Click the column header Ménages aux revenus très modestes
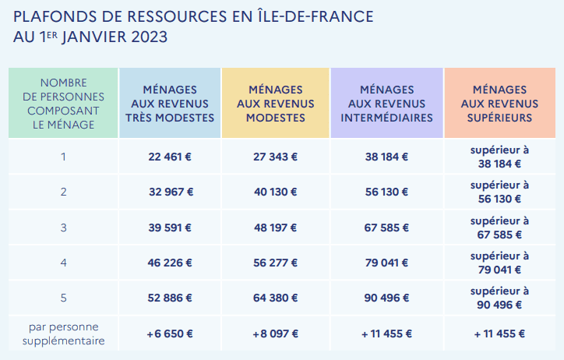click(x=170, y=104)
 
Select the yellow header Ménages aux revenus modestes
click(x=275, y=104)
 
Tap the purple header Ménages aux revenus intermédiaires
click(x=386, y=104)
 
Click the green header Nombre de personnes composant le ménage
click(x=63, y=104)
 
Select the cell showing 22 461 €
click(x=170, y=157)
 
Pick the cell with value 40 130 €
click(x=275, y=192)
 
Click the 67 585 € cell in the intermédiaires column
click(x=386, y=228)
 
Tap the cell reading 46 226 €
click(x=170, y=263)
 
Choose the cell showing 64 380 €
click(x=275, y=298)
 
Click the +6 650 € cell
click(x=170, y=334)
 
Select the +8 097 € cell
click(x=275, y=334)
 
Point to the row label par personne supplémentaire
click(x=63, y=334)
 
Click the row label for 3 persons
click(x=63, y=228)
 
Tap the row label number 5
click(x=63, y=298)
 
